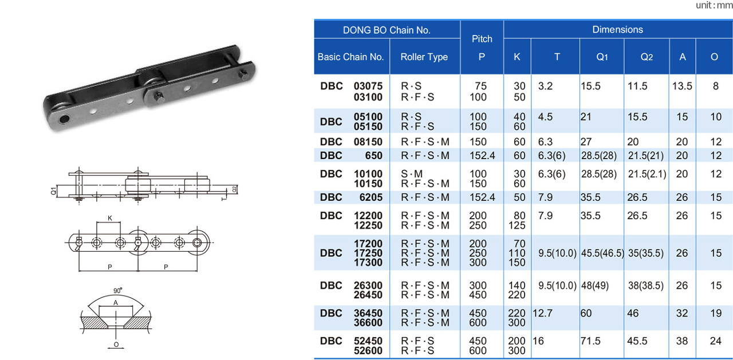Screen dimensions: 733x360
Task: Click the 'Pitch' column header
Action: pyautogui.click(x=482, y=39)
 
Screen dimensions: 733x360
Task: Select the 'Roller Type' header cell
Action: pyautogui.click(x=424, y=57)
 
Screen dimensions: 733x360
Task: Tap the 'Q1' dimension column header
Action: pyautogui.click(x=602, y=57)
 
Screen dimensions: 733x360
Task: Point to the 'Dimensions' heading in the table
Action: pyautogui.click(x=617, y=29)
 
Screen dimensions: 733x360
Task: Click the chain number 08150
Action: pyautogui.click(x=368, y=141)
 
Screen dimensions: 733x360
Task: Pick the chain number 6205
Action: pyautogui.click(x=371, y=197)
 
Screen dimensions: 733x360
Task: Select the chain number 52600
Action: pyautogui.click(x=368, y=350)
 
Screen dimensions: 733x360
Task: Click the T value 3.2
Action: pyautogui.click(x=545, y=86)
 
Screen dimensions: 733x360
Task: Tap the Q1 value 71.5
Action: pyautogui.click(x=590, y=341)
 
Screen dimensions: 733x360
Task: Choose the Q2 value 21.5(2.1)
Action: pyautogui.click(x=647, y=174)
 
